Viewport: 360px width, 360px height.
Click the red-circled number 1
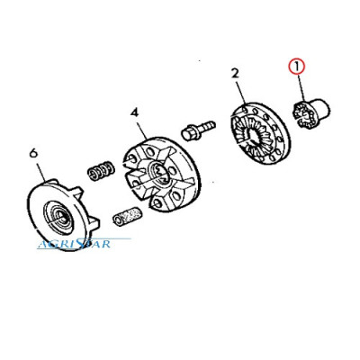pyautogui.click(x=296, y=67)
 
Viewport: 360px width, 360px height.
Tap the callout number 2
pyautogui.click(x=235, y=73)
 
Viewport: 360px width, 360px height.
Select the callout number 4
pyautogui.click(x=135, y=112)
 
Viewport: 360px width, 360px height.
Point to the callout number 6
pyautogui.click(x=33, y=153)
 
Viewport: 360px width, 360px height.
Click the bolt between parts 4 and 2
pyautogui.click(x=198, y=129)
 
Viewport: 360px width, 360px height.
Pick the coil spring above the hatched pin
pyautogui.click(x=101, y=171)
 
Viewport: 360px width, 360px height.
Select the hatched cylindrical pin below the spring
pyautogui.click(x=127, y=216)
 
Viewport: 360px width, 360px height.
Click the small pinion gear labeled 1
pyautogui.click(x=310, y=113)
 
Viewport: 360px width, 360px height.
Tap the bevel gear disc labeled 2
pyautogui.click(x=260, y=134)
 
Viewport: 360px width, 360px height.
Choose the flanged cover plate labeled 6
pyautogui.click(x=62, y=215)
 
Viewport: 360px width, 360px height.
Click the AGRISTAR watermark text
pyautogui.click(x=74, y=244)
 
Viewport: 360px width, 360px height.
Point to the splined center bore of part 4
pyautogui.click(x=161, y=174)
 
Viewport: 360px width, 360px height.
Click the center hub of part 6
pyautogui.click(x=59, y=217)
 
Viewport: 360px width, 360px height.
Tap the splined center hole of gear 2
pyautogui.click(x=254, y=135)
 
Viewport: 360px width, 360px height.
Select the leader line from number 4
pyautogui.click(x=141, y=129)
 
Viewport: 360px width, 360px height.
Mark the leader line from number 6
pyautogui.click(x=40, y=170)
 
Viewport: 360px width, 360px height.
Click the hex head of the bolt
pyautogui.click(x=188, y=133)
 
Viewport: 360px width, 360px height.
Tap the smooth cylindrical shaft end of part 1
pyautogui.click(x=321, y=108)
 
